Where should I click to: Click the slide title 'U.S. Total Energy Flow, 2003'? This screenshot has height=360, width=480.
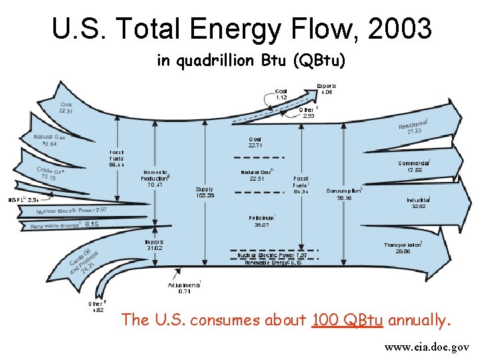pos(241,29)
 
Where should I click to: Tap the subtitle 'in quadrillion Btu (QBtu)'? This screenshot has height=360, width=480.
pos(251,61)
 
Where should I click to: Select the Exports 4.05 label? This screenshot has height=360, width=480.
pos(326,89)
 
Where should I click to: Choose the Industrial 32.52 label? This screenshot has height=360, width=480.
pos(419,203)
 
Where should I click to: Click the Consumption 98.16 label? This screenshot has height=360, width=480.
pos(344,194)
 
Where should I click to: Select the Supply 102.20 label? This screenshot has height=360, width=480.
pos(205,193)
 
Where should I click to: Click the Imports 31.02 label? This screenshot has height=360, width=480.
pos(154,245)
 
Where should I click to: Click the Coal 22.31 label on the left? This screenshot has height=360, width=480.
pos(67,108)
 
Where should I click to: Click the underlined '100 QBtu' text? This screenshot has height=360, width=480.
pos(347,321)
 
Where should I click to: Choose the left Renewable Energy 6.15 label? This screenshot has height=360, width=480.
pos(65,225)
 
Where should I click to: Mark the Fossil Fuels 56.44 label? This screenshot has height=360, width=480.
pos(117,159)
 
